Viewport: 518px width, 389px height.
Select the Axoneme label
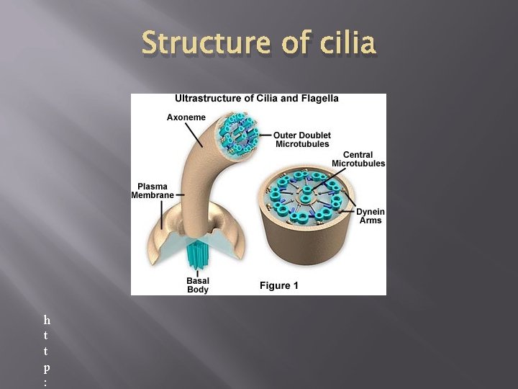click(186, 117)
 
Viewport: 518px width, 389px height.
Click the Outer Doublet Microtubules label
click(301, 139)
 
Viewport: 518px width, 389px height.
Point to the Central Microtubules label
click(358, 158)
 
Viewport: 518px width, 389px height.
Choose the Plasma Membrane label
click(152, 191)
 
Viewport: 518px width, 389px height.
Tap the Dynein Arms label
click(371, 215)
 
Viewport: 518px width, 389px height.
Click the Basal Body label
click(197, 285)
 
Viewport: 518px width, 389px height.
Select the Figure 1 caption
click(279, 286)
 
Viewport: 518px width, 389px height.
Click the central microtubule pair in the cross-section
click(306, 194)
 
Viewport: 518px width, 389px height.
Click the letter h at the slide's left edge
click(47, 319)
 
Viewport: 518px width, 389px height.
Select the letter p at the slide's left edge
click(47, 367)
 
